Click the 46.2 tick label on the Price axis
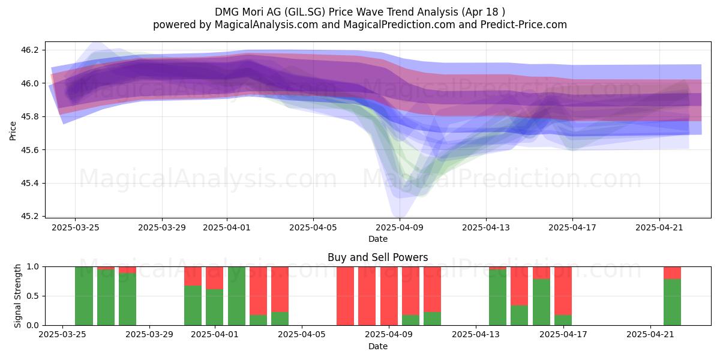(x=29, y=50)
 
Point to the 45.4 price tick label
(x=29, y=183)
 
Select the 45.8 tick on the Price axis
(x=29, y=116)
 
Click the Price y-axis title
(x=13, y=131)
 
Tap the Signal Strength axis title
(x=17, y=296)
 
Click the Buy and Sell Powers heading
(x=377, y=257)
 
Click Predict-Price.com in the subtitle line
(x=524, y=25)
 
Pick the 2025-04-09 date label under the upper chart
(x=400, y=227)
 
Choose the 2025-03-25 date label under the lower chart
(x=62, y=335)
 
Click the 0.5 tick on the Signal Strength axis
(x=32, y=296)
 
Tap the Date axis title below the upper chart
(x=377, y=239)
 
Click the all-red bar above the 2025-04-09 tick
(x=389, y=296)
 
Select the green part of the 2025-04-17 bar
(x=563, y=320)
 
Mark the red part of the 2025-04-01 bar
(x=215, y=278)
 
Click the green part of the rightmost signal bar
(x=673, y=302)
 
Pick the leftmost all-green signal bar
(x=84, y=296)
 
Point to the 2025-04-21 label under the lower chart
(x=650, y=335)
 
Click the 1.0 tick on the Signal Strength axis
(x=32, y=267)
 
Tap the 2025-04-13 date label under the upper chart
(x=486, y=227)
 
